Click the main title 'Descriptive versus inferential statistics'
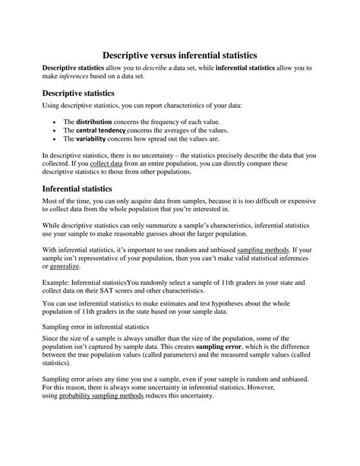pyautogui.click(x=180, y=55)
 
